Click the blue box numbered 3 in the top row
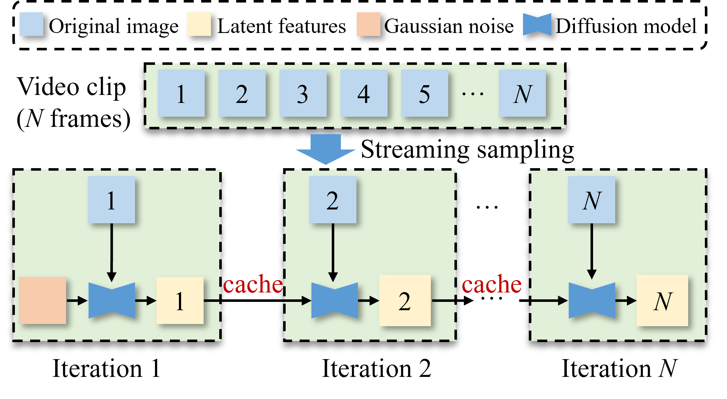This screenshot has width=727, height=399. click(303, 93)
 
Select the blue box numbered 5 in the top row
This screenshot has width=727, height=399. click(424, 93)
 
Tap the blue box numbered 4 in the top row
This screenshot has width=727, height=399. click(364, 93)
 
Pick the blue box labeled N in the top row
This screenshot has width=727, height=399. click(522, 93)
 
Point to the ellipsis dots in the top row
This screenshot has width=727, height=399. click(473, 94)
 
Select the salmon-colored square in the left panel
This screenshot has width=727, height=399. click(42, 300)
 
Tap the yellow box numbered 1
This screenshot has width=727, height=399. click(180, 300)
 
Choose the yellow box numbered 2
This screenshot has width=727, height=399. click(405, 300)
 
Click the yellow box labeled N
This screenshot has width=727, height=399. click(662, 300)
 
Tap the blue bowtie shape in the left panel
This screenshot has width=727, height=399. click(112, 300)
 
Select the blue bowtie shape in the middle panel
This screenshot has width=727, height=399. click(334, 300)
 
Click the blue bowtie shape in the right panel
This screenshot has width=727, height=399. click(592, 300)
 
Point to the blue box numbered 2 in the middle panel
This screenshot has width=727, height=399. click(332, 200)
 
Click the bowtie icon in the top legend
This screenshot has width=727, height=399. click(537, 24)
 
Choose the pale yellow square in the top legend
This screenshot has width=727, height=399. click(199, 24)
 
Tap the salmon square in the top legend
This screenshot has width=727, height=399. click(368, 24)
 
